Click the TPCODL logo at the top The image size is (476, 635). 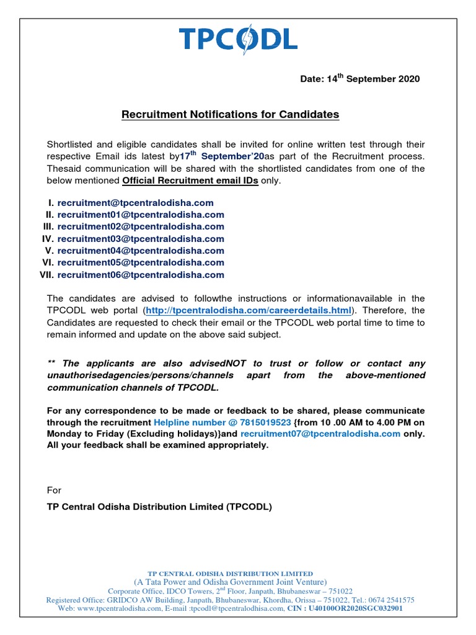(239, 38)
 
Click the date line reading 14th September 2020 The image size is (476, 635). (359, 79)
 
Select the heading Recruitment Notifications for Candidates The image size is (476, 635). (230, 115)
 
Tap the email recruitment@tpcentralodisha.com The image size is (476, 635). (135, 203)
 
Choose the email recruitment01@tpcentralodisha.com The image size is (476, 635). (141, 215)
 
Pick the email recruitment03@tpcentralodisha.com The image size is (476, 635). (141, 239)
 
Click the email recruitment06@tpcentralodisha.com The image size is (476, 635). (141, 275)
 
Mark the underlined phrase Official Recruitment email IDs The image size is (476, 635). (190, 180)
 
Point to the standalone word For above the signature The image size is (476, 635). (55, 490)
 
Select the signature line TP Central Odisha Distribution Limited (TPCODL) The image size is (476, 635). (159, 507)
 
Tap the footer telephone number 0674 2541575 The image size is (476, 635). (392, 600)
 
